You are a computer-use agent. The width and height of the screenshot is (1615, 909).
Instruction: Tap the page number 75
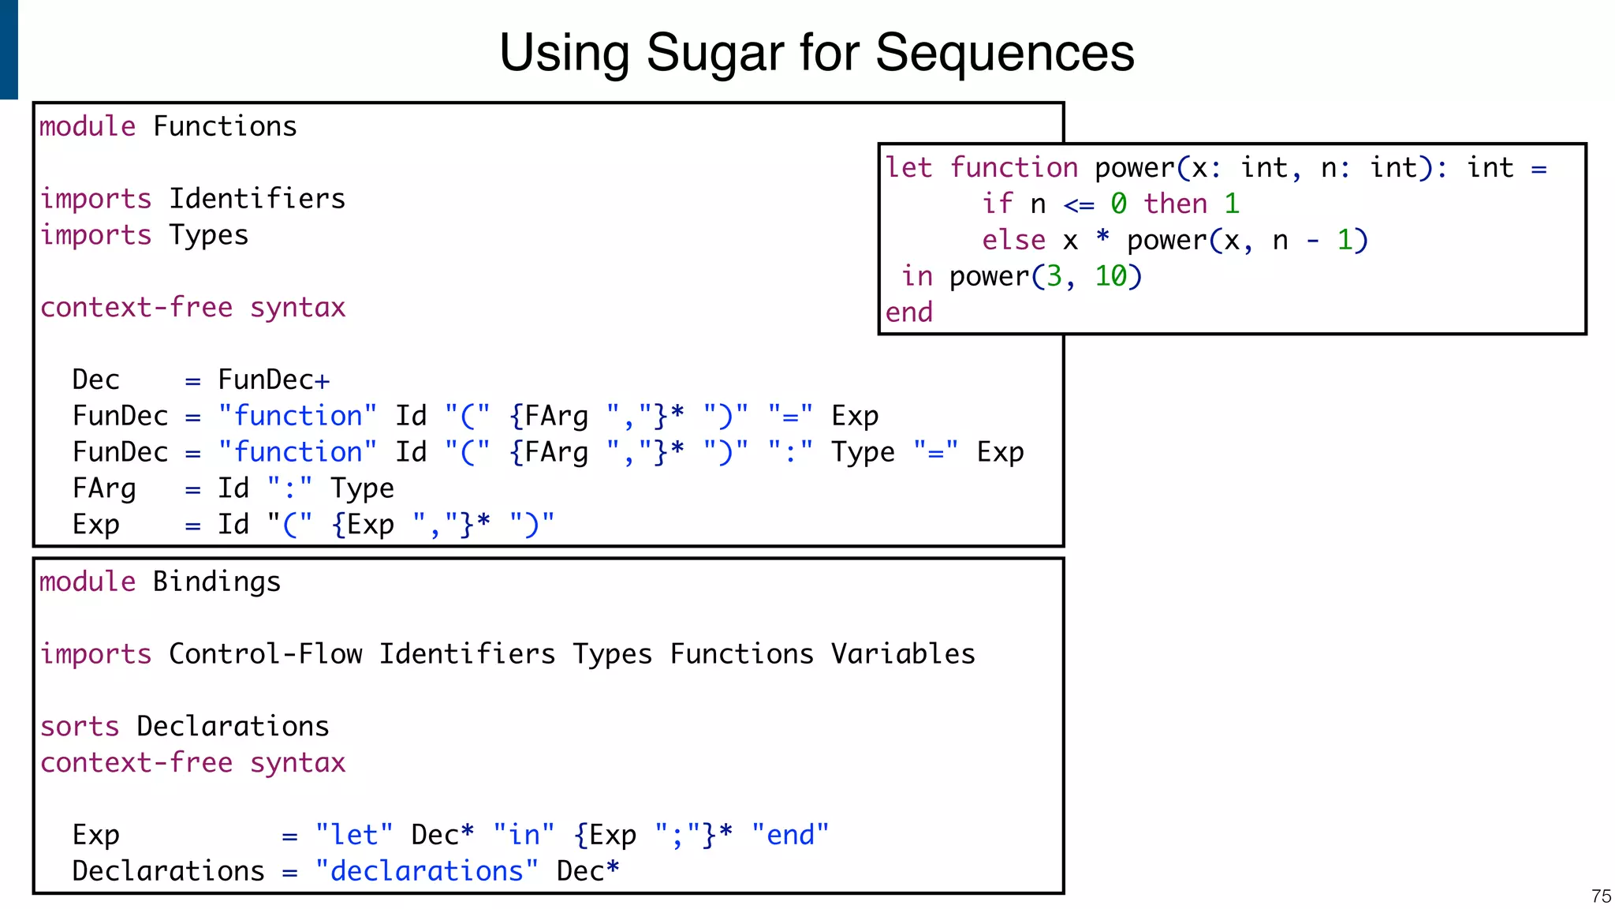[1601, 896]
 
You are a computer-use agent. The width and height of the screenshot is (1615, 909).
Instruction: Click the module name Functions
[225, 126]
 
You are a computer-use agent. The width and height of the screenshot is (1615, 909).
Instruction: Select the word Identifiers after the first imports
[257, 199]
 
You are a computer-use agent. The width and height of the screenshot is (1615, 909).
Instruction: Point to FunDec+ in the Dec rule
[274, 380]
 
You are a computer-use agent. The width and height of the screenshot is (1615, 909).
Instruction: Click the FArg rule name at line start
[104, 489]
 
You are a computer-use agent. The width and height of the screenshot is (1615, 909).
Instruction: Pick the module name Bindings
[217, 582]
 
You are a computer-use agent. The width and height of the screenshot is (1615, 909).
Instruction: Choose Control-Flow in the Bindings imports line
[265, 654]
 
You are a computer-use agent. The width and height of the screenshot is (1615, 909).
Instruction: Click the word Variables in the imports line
[903, 654]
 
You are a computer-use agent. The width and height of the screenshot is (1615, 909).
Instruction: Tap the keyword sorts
[80, 727]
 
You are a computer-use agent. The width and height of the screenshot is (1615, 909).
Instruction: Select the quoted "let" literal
[354, 835]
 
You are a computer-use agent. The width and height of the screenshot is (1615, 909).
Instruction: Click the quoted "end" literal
[790, 835]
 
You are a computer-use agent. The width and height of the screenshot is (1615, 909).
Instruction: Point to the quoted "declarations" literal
[427, 871]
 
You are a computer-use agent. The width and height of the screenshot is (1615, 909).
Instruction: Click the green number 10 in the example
[1110, 276]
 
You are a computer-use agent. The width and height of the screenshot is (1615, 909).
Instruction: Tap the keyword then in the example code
[1176, 204]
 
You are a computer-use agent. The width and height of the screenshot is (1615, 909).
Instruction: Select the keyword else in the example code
[1013, 240]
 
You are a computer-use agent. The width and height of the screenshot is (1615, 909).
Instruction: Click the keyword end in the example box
[908, 312]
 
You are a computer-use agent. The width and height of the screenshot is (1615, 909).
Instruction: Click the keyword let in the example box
[908, 167]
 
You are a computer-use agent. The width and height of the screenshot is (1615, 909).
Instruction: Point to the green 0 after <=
[1118, 204]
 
